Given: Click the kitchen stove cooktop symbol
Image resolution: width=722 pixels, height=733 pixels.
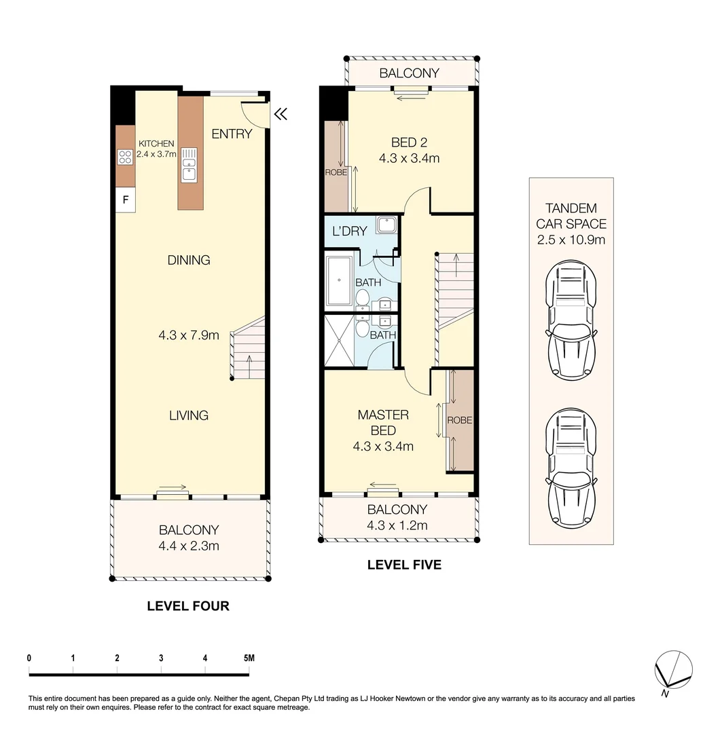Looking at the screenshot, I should pyautogui.click(x=125, y=157).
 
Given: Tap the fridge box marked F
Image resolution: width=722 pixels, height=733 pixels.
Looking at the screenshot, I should pyautogui.click(x=125, y=200).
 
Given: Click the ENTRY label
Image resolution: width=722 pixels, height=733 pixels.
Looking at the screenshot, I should pyautogui.click(x=232, y=134).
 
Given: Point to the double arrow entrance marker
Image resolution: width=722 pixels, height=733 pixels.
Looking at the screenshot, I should pyautogui.click(x=280, y=115).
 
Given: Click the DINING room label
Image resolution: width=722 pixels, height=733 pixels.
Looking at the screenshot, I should pyautogui.click(x=189, y=260).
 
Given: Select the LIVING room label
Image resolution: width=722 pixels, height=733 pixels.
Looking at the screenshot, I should pyautogui.click(x=189, y=415).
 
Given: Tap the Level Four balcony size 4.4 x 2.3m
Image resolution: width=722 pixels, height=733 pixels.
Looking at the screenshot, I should pyautogui.click(x=189, y=545).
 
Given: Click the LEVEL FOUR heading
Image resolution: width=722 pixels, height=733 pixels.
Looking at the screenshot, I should pyautogui.click(x=188, y=606).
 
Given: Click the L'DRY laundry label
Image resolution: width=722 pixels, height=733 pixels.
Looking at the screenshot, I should pyautogui.click(x=349, y=231).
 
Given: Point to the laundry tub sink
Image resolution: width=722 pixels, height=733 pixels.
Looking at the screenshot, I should pyautogui.click(x=388, y=225).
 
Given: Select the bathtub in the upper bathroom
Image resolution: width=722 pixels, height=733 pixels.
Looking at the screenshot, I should pyautogui.click(x=338, y=280).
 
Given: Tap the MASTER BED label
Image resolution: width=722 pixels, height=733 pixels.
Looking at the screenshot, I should pyautogui.click(x=383, y=422).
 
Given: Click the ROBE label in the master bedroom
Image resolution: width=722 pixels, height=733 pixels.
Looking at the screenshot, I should pyautogui.click(x=459, y=420).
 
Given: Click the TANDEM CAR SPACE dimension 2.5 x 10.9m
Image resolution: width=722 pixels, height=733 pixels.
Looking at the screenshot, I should pyautogui.click(x=571, y=239).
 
